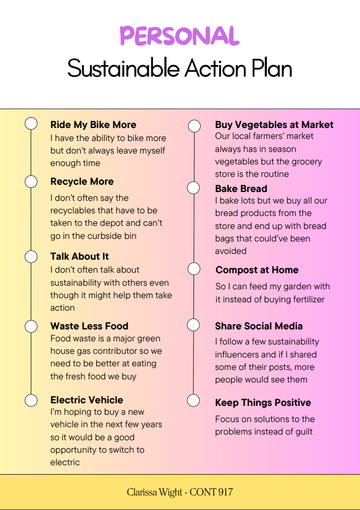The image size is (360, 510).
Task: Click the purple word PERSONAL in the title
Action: pos(180,35)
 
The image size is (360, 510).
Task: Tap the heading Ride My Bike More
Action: pos(93,124)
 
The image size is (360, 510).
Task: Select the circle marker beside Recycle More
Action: pos(31,182)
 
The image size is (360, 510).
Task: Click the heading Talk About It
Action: pos(80,256)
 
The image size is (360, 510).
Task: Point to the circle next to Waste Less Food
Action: pos(31,326)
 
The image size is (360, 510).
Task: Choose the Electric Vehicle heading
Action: pos(87,400)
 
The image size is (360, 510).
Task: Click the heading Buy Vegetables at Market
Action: pos(274,124)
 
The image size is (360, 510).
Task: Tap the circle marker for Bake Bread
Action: pos(194,188)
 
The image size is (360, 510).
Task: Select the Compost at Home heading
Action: pos(257,270)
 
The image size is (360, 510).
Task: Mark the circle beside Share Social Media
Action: pos(194,325)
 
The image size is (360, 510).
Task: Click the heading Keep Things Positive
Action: pos(263,403)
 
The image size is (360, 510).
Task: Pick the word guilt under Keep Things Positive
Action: pos(304,432)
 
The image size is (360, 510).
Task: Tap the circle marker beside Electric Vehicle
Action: pos(31,400)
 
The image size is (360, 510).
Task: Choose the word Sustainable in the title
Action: pos(124,68)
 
